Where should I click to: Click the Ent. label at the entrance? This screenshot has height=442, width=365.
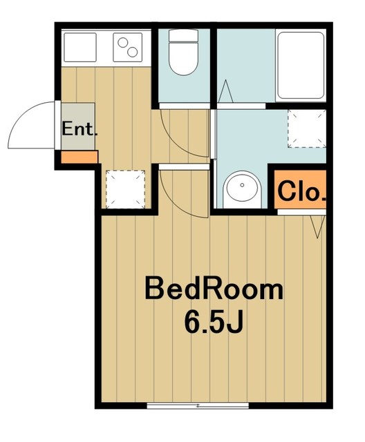79,129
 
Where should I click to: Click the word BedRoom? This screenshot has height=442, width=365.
214,289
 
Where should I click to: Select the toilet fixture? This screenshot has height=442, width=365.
183,52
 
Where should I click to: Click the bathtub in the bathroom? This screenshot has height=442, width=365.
301,66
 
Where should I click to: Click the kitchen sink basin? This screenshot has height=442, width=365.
80,47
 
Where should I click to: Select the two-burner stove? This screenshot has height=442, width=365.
127,47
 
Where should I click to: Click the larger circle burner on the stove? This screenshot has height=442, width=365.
132,52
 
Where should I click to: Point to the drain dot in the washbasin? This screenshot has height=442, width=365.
242,185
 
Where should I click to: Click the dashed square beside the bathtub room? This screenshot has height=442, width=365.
307,128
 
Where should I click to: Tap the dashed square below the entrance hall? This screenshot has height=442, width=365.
125,189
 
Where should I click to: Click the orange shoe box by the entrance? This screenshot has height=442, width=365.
79,157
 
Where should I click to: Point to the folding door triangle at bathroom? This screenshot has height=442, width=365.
225,91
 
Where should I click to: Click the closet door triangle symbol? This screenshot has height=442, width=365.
318,227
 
